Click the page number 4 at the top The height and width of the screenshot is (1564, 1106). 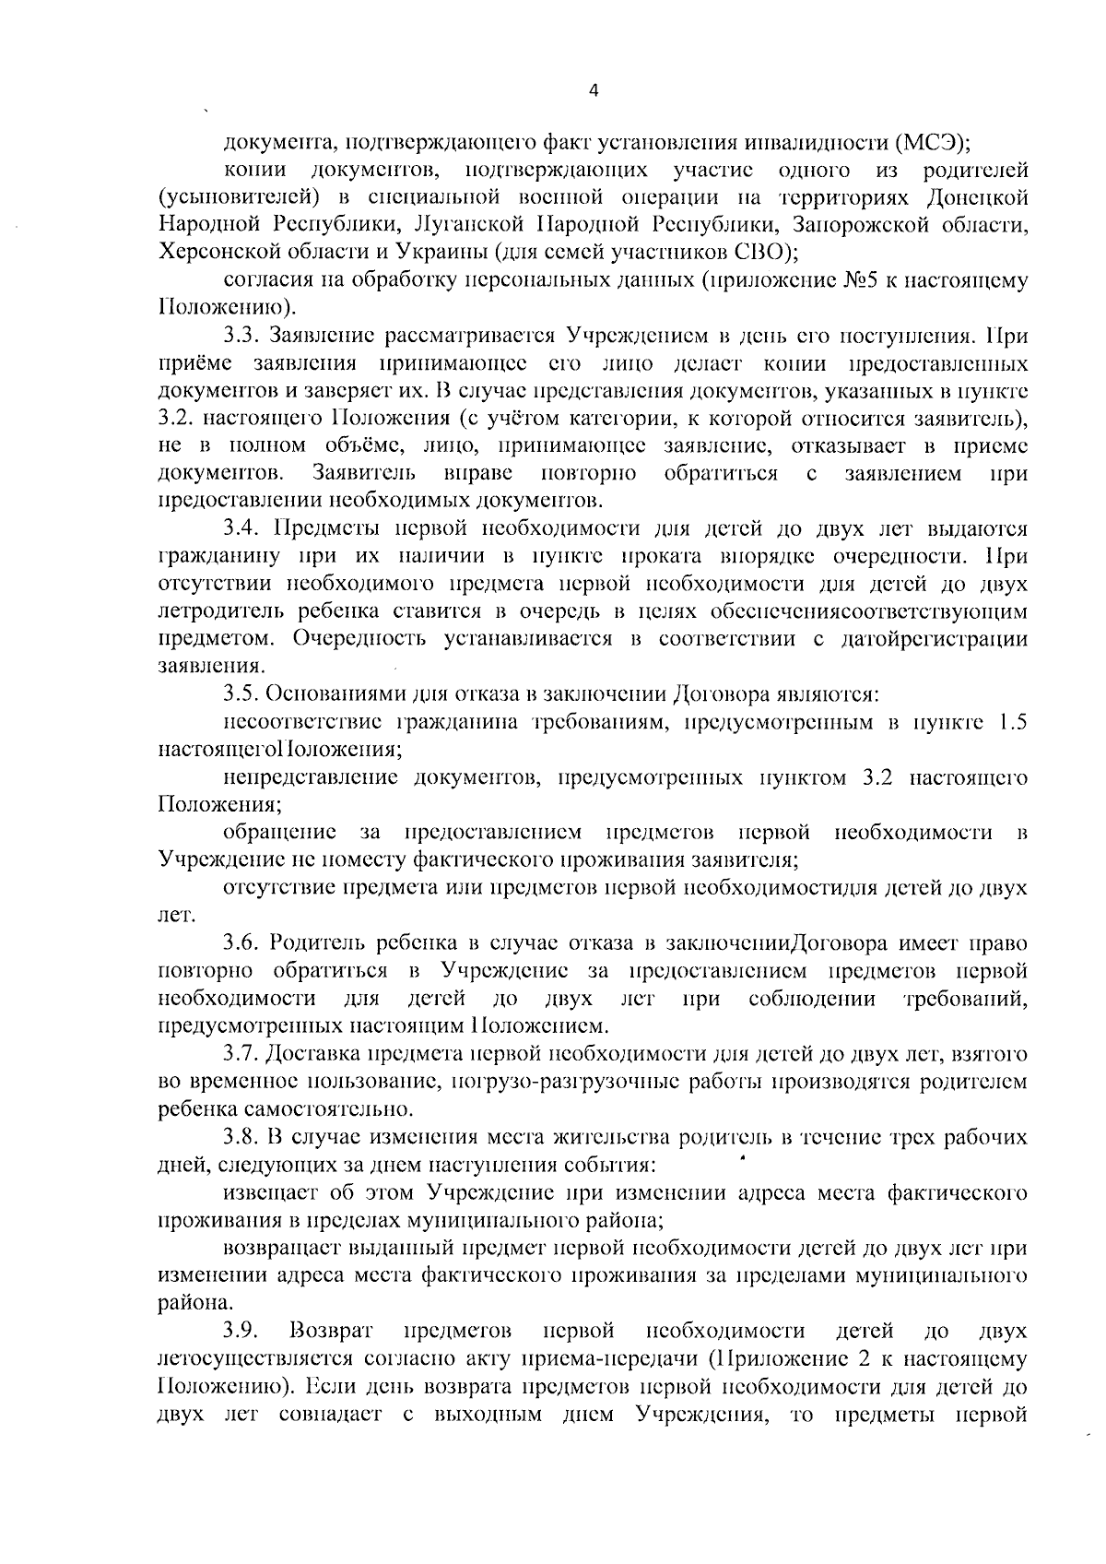coord(594,89)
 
